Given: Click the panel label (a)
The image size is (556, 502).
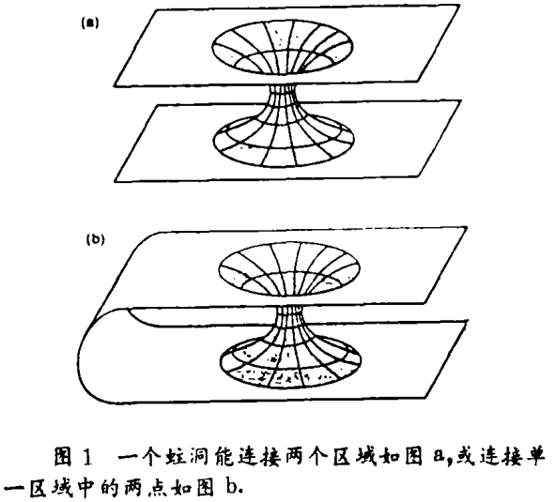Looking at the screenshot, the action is click(88, 23).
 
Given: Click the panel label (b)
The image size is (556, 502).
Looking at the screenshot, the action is click(95, 240).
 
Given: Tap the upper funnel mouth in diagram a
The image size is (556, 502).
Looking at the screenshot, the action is click(283, 46).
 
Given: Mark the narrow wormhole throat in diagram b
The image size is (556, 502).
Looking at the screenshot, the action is click(290, 316).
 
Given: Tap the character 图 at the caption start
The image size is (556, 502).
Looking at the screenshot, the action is click(65, 458).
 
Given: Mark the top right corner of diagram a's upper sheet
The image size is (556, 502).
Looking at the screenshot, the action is click(460, 5).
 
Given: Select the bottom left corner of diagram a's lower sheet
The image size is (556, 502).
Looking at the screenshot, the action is click(115, 182).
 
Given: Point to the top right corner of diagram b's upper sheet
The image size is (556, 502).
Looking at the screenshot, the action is click(467, 228).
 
